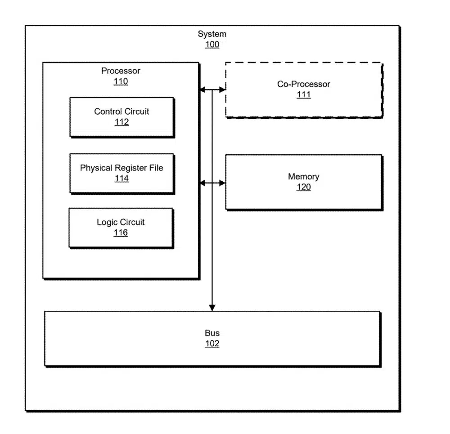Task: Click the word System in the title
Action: click(212, 34)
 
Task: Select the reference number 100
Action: click(212, 45)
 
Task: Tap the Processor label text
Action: click(121, 71)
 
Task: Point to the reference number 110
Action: click(121, 81)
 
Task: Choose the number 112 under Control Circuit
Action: click(121, 122)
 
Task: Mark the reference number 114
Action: click(121, 179)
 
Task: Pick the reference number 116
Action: click(121, 233)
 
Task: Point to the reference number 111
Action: click(304, 94)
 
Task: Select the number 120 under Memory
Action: click(304, 187)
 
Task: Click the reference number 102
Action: click(212, 344)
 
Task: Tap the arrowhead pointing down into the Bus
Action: click(212, 308)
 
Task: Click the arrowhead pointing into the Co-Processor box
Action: click(222, 90)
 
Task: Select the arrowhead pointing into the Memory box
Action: click(222, 183)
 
